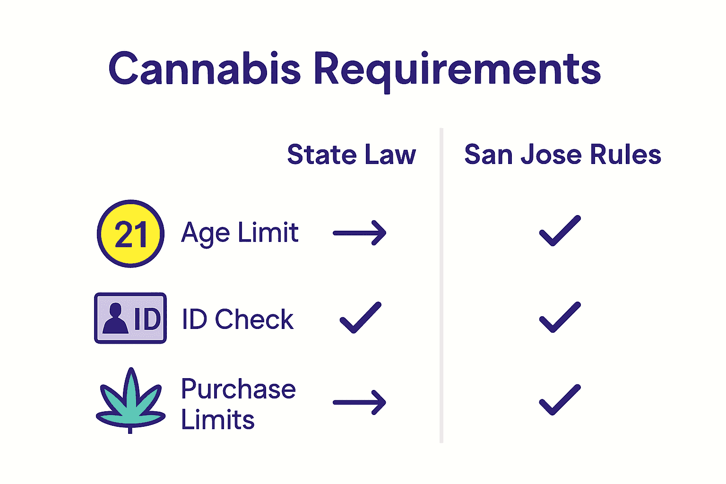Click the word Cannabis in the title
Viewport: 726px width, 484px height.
click(x=204, y=69)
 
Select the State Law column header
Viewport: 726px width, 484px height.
click(x=351, y=155)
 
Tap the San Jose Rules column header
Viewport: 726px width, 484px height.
click(x=562, y=155)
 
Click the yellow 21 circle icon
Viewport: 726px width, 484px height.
click(x=130, y=233)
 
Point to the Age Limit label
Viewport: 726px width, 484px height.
click(x=240, y=233)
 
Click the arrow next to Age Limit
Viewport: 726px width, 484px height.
click(x=360, y=233)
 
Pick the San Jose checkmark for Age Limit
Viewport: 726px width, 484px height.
click(x=560, y=231)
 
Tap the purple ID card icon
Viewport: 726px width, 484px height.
click(x=130, y=318)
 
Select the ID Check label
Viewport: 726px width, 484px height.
click(x=238, y=319)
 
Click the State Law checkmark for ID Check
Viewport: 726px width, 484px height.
click(x=360, y=317)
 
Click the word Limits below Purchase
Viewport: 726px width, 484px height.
click(x=217, y=420)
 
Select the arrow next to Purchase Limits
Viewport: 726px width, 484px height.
click(x=360, y=402)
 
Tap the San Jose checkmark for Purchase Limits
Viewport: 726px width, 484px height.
click(x=560, y=400)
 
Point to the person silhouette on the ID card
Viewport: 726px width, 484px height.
click(x=115, y=319)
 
